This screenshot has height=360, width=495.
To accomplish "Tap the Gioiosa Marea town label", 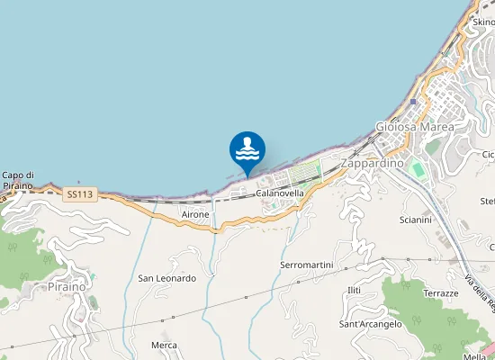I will [x=415, y=126].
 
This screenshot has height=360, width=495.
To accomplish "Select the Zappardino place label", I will [x=373, y=164].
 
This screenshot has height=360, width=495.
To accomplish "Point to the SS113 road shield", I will [x=79, y=193].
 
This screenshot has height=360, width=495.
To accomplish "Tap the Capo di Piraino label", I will [x=18, y=180].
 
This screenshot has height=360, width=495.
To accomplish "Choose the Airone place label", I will [x=195, y=215].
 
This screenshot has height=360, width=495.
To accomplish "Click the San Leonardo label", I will [x=166, y=278].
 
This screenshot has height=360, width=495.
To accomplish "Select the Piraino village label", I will [x=67, y=286].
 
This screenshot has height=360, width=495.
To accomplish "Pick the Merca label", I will [x=164, y=345].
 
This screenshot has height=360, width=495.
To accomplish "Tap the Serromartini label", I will [x=307, y=265].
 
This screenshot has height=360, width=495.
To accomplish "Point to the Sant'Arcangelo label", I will [x=370, y=324].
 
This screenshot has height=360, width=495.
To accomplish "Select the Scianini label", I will [x=415, y=220].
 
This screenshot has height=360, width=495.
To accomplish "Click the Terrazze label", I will [x=441, y=294].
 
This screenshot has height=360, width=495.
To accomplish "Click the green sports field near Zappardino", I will [x=418, y=168].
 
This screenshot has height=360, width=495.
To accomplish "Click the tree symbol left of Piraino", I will [x=13, y=245].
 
